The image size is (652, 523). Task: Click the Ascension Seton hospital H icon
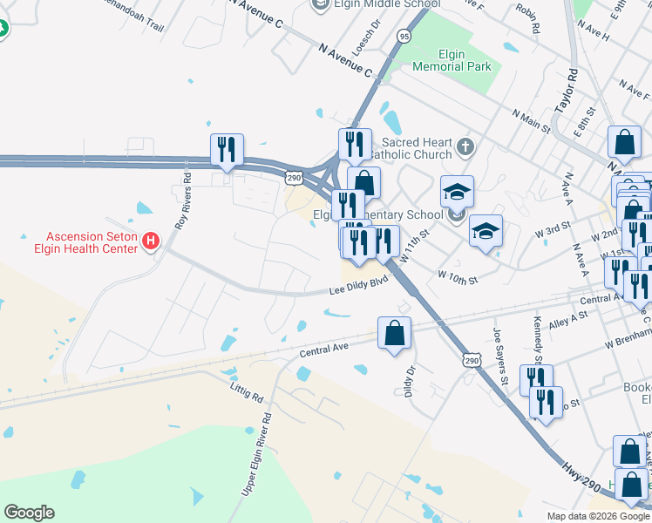point(152,240)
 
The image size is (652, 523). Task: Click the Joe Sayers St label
point(500,357)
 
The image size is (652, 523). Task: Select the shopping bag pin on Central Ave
point(394,332)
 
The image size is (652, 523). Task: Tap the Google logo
point(29,513)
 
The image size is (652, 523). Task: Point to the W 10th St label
point(460,278)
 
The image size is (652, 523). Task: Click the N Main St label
point(532,122)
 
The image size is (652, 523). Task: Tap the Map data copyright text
point(597,516)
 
